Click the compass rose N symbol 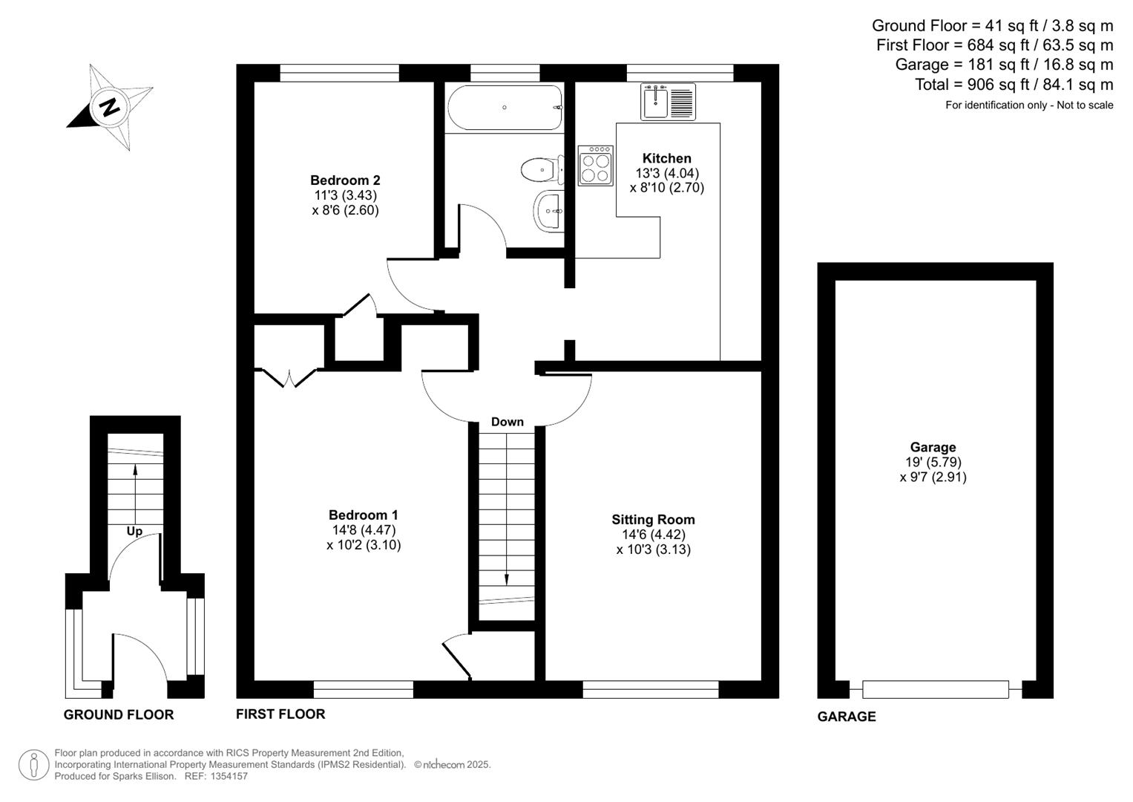[110, 108]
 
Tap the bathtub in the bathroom [505, 108]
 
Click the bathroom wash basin [549, 211]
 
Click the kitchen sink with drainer [668, 102]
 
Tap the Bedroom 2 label [345, 180]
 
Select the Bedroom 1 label [364, 515]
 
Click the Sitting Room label [653, 520]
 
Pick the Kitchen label [666, 158]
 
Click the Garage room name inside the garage [933, 447]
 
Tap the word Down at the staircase [508, 422]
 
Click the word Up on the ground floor [134, 531]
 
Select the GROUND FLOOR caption [119, 715]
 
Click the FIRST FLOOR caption [280, 714]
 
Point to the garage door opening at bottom [935, 690]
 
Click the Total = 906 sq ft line [1014, 85]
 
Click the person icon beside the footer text [33, 765]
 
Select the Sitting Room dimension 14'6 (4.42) [653, 535]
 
